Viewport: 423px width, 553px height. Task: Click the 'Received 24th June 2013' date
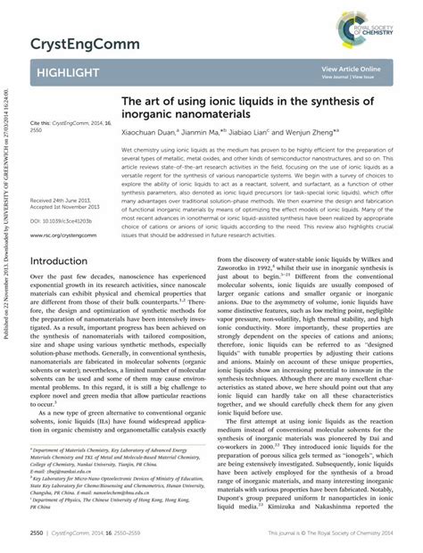pyautogui.click(x=64, y=177)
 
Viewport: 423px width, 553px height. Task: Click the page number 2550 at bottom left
pyautogui.click(x=38, y=532)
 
